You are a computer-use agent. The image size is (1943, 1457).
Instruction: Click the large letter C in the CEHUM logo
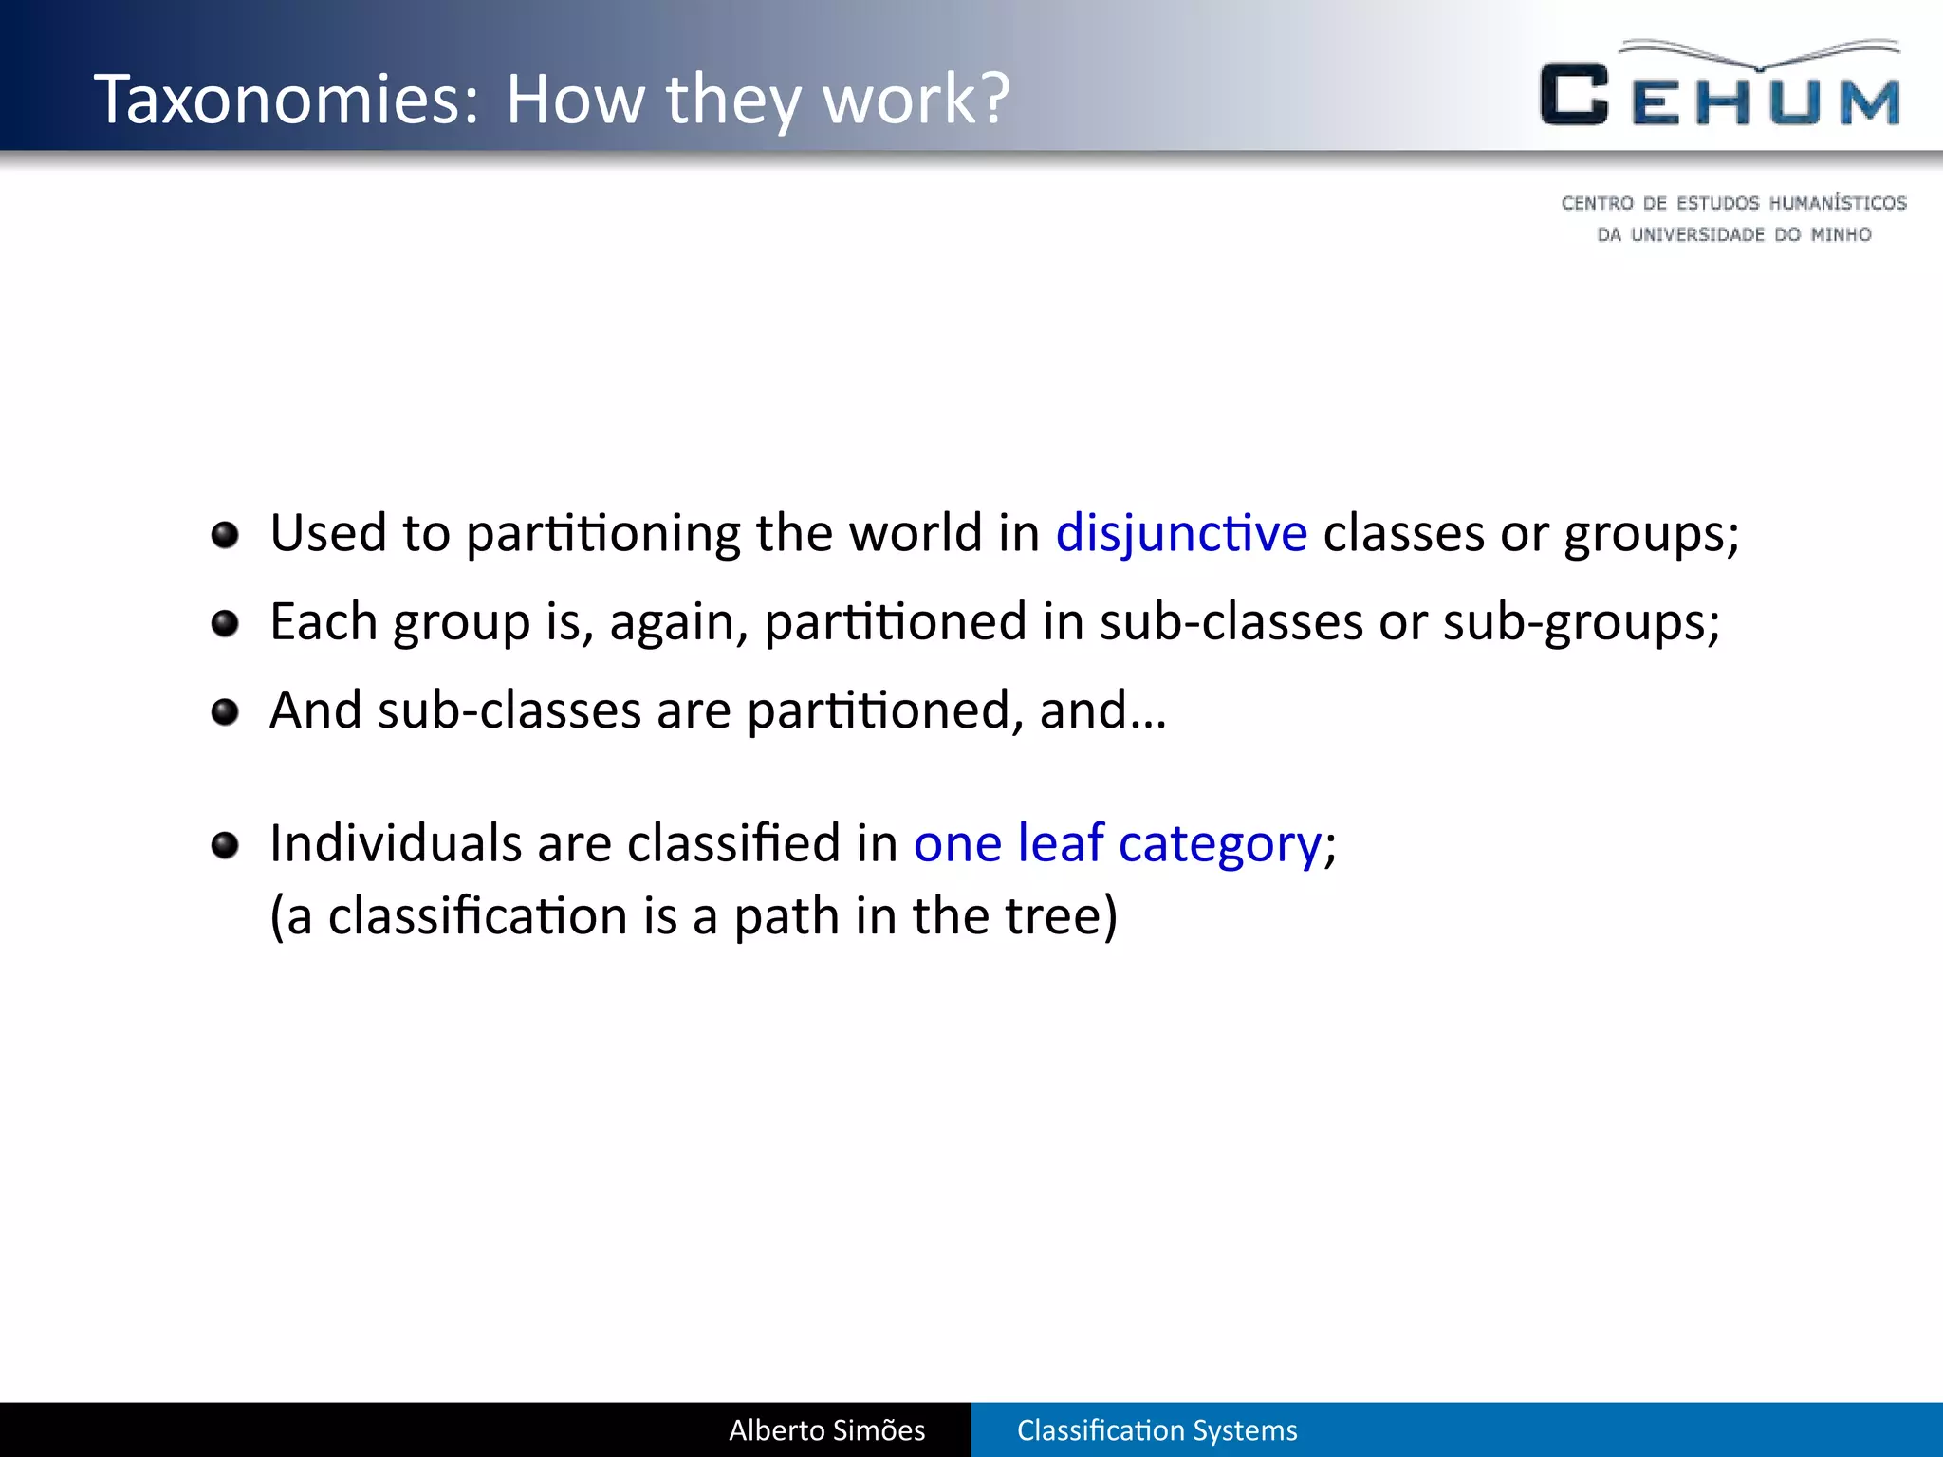(1574, 94)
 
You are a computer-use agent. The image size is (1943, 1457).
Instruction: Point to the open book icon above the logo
(1761, 54)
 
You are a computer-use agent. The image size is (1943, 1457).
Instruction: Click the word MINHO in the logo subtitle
(1841, 234)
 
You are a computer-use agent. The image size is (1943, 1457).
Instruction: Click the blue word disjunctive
(1181, 533)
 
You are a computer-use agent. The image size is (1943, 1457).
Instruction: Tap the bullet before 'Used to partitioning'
(225, 535)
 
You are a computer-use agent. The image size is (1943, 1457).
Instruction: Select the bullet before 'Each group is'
(225, 624)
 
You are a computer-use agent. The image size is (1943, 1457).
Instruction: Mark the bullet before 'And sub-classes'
(225, 712)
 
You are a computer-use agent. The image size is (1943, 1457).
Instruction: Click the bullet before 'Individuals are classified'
(225, 844)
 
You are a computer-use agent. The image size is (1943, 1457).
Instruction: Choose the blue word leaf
(1060, 842)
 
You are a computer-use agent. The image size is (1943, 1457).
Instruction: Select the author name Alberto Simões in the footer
(826, 1430)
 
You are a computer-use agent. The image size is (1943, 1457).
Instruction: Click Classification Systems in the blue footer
(1157, 1430)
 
